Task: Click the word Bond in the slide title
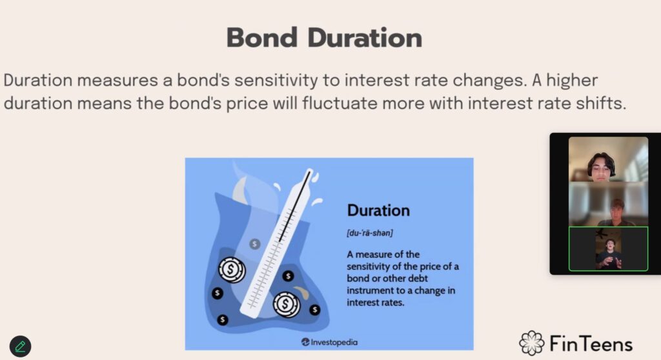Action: pyautogui.click(x=262, y=38)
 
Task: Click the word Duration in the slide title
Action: pyautogui.click(x=365, y=38)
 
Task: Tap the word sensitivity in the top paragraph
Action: pyautogui.click(x=276, y=80)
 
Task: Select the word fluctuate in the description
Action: pyautogui.click(x=340, y=103)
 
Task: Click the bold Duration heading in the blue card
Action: pyautogui.click(x=378, y=210)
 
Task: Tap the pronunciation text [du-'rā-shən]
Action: pyautogui.click(x=370, y=233)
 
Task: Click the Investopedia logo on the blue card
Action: pyautogui.click(x=329, y=342)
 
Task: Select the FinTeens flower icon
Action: pyautogui.click(x=532, y=343)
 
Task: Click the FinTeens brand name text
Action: pyautogui.click(x=591, y=344)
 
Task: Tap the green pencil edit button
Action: pyautogui.click(x=20, y=346)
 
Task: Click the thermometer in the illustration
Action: pyautogui.click(x=278, y=243)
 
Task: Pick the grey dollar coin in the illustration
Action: pyautogui.click(x=254, y=244)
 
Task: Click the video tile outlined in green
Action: pyautogui.click(x=608, y=249)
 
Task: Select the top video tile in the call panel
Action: pyautogui.click(x=608, y=159)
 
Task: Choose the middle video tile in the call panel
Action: pyautogui.click(x=608, y=205)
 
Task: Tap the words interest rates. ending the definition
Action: pyautogui.click(x=375, y=302)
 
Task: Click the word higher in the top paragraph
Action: pyautogui.click(x=572, y=80)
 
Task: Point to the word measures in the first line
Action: pyautogui.click(x=117, y=80)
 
